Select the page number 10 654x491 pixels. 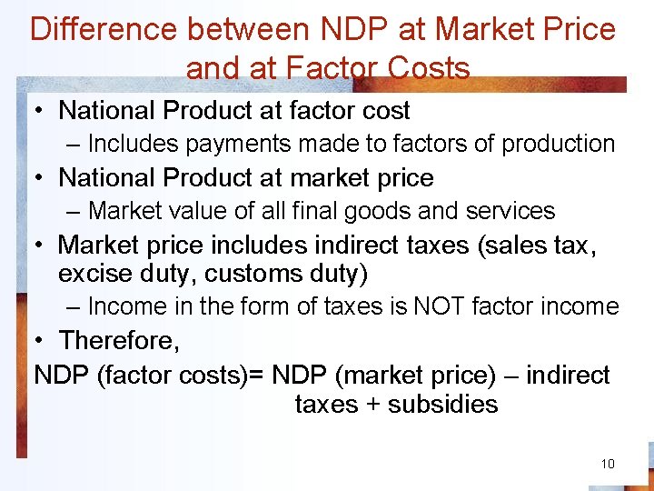tap(608, 464)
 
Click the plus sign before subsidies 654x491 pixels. tap(372, 404)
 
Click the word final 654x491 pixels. tap(318, 211)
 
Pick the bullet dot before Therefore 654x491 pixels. tap(41, 340)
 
